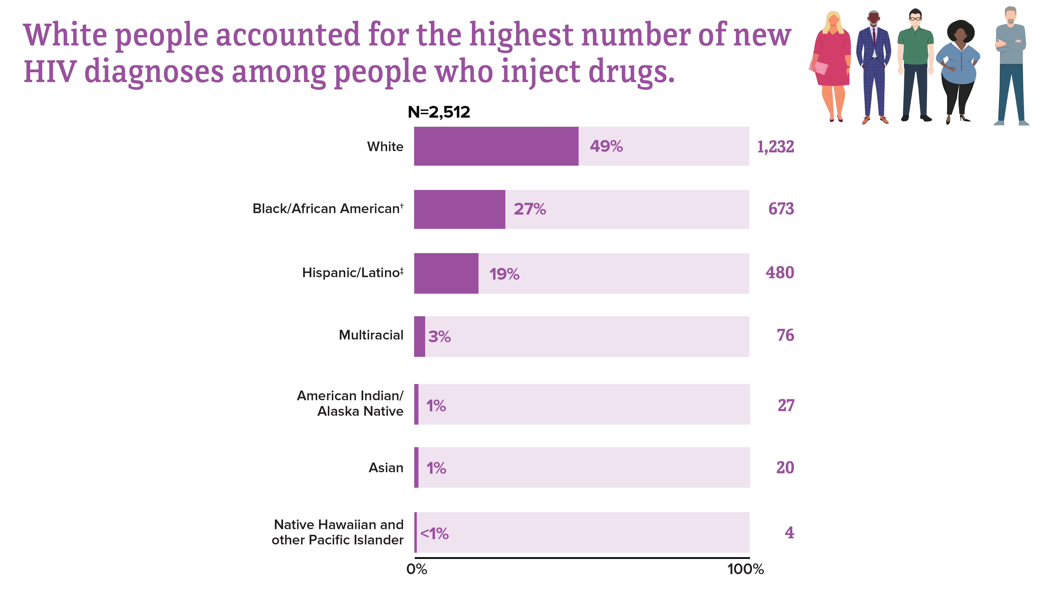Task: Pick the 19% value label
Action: point(504,274)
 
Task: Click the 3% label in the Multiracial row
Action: point(439,337)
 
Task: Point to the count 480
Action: point(780,272)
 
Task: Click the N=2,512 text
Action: point(439,112)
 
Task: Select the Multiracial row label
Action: point(371,335)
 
